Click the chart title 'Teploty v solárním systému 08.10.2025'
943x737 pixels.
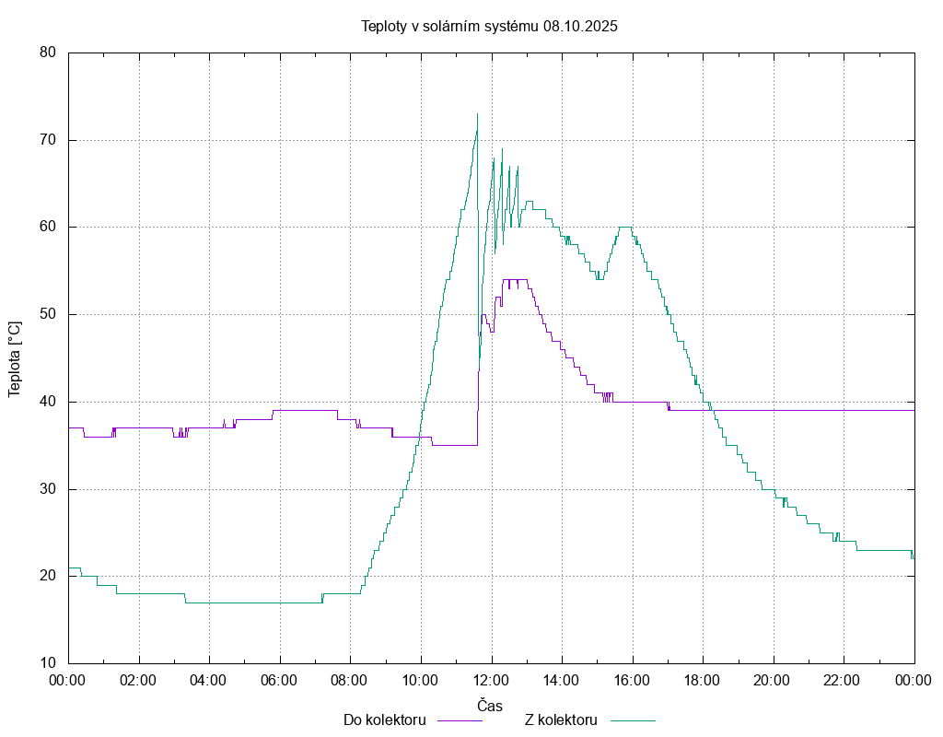[489, 26]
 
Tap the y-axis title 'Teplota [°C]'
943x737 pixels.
[15, 358]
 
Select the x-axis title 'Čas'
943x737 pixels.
[490, 706]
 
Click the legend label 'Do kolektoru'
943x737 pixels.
[384, 719]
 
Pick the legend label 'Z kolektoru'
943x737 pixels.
[561, 719]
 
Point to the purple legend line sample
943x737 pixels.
[459, 720]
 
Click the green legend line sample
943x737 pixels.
[631, 720]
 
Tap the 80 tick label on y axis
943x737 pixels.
[48, 53]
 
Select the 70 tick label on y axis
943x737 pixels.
[48, 140]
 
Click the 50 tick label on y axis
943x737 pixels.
[48, 314]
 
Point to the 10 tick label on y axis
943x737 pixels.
[48, 663]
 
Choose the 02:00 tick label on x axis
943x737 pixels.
[139, 681]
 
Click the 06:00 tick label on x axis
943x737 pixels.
[280, 681]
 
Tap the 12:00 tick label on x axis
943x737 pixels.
[491, 681]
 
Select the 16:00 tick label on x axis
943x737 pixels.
[632, 681]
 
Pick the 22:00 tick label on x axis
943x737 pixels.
[843, 681]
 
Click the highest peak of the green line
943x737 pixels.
[477, 114]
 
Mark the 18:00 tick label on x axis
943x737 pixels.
[703, 681]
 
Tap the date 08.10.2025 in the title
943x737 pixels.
[580, 26]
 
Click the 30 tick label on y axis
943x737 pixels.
[48, 489]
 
